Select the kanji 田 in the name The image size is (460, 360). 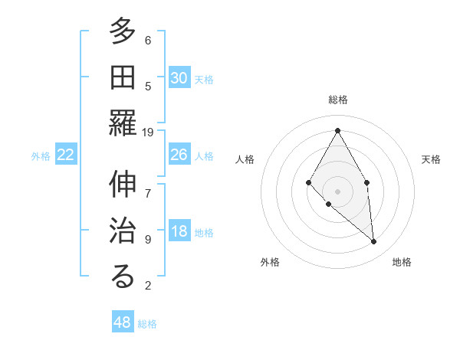(x=123, y=77)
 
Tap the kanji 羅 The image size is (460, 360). (x=123, y=122)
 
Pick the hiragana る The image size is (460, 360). (x=123, y=276)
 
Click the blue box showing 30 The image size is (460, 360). (x=179, y=78)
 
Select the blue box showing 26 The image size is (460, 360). (x=179, y=155)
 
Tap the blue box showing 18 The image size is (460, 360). (x=179, y=231)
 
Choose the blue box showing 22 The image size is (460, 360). (x=66, y=155)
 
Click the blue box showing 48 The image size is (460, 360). (x=123, y=322)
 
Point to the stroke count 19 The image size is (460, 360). (x=148, y=132)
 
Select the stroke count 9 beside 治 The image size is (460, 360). (x=148, y=239)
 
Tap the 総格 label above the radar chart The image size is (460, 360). (x=338, y=100)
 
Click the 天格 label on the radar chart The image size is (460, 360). (x=431, y=159)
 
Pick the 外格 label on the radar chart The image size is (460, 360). (x=270, y=262)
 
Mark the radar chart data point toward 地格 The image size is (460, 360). (x=374, y=242)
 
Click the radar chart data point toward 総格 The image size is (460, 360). (x=337, y=130)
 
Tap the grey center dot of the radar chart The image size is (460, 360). (x=337, y=191)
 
